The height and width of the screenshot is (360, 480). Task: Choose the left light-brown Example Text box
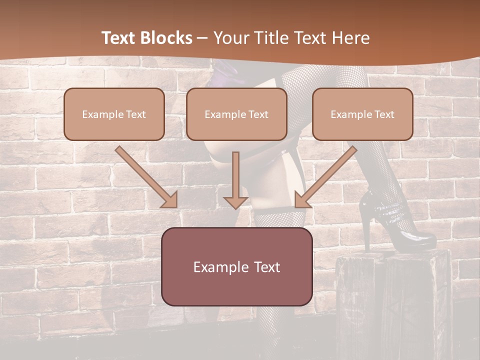coord(114,114)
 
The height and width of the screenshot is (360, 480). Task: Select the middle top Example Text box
coord(236,114)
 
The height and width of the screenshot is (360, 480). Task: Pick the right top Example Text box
coord(362,114)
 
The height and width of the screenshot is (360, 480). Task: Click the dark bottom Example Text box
coord(236,266)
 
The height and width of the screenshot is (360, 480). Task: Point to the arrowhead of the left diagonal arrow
coord(170,199)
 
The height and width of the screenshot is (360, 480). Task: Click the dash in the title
coord(202,38)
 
